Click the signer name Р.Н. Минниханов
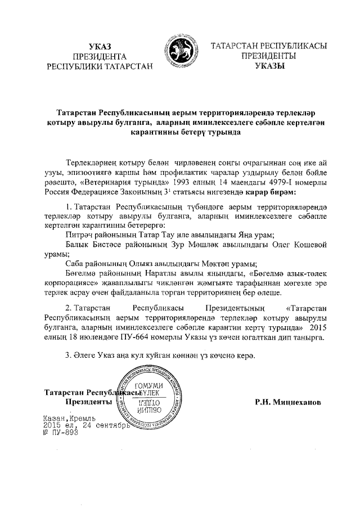(288, 403)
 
